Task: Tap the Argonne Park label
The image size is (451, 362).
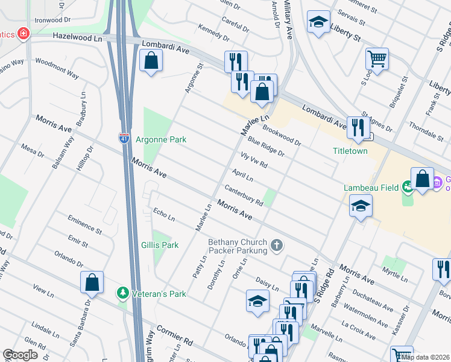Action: (160, 139)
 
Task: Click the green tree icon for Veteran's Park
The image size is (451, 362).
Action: (123, 293)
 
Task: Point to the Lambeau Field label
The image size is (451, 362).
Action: (371, 188)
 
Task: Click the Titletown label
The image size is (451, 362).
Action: (350, 151)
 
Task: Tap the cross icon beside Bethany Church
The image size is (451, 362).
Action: (277, 244)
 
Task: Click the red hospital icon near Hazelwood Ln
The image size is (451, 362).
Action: (24, 34)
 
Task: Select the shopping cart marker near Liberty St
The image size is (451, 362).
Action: (377, 59)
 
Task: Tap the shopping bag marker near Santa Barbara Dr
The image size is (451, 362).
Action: (92, 281)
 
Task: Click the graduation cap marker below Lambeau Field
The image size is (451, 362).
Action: (360, 206)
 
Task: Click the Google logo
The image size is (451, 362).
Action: (20, 354)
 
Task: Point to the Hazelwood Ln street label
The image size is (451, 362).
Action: (77, 37)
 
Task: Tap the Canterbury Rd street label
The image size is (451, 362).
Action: (244, 194)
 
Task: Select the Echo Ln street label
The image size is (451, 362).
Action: (164, 214)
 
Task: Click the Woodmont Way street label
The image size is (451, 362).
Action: (57, 68)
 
